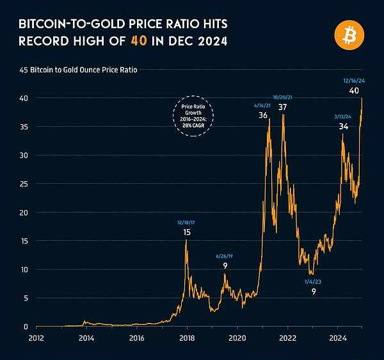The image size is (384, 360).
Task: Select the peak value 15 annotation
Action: click(x=187, y=232)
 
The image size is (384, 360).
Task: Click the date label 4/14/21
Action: click(x=263, y=104)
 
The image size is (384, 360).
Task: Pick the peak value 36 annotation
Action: click(x=263, y=115)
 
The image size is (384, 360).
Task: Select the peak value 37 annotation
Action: click(x=282, y=107)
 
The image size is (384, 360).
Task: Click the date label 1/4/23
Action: click(x=314, y=281)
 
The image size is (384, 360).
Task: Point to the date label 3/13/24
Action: click(x=344, y=116)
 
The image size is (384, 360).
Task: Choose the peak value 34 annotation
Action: click(x=344, y=127)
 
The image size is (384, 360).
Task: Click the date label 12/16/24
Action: click(x=353, y=81)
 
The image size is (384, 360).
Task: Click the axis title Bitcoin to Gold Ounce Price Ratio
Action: click(x=88, y=69)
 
